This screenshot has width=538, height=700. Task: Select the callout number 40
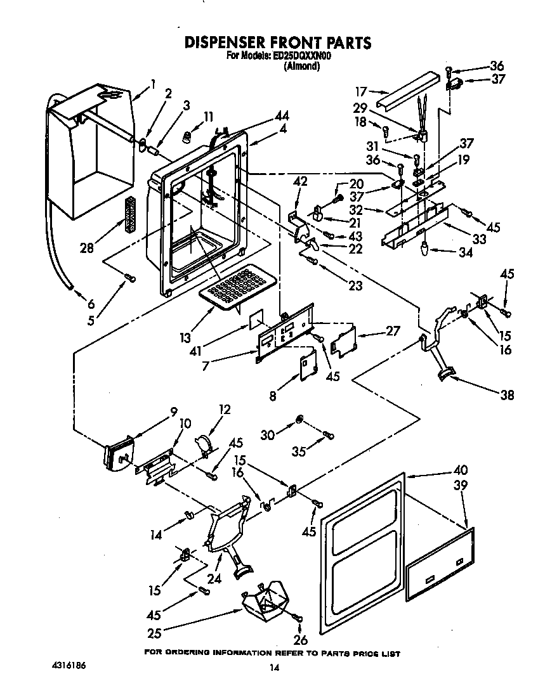(x=460, y=470)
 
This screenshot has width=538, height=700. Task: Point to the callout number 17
(x=361, y=90)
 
